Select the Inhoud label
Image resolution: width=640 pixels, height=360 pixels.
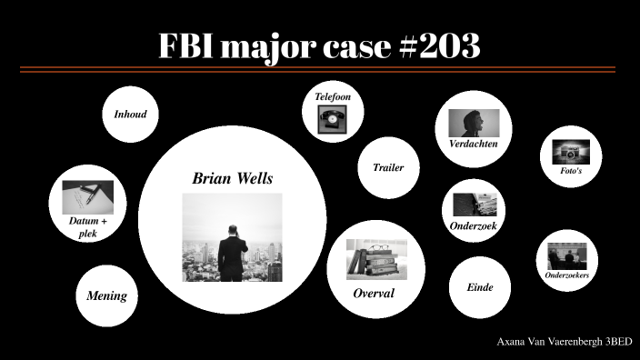pos(130,115)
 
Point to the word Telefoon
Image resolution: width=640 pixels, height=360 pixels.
pos(333,96)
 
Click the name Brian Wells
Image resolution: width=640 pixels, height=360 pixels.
pos(233,178)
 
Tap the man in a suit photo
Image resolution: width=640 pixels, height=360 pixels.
pos(233,237)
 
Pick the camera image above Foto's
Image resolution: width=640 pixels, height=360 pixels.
pos(571,152)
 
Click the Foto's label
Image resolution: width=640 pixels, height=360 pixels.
pos(571,171)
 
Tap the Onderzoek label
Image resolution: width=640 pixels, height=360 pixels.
pos(473,225)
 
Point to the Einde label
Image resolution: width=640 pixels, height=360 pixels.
pos(479,287)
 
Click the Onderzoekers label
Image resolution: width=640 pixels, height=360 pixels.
pos(566,275)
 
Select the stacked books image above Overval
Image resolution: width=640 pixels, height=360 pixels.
pos(373,259)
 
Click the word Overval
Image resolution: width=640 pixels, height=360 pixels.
pos(373,294)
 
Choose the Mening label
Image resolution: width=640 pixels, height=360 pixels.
pos(106,296)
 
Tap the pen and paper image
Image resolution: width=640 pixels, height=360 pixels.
pos(87,195)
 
